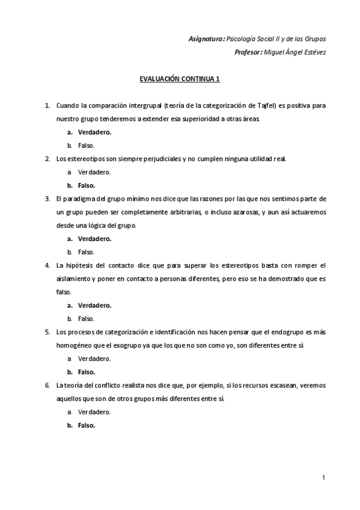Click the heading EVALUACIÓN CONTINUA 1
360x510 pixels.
pos(180,79)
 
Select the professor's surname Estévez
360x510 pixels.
pos(314,52)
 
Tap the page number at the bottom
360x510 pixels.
pos(323,478)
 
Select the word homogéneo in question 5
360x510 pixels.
pos(73,345)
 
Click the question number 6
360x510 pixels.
pos(47,385)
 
